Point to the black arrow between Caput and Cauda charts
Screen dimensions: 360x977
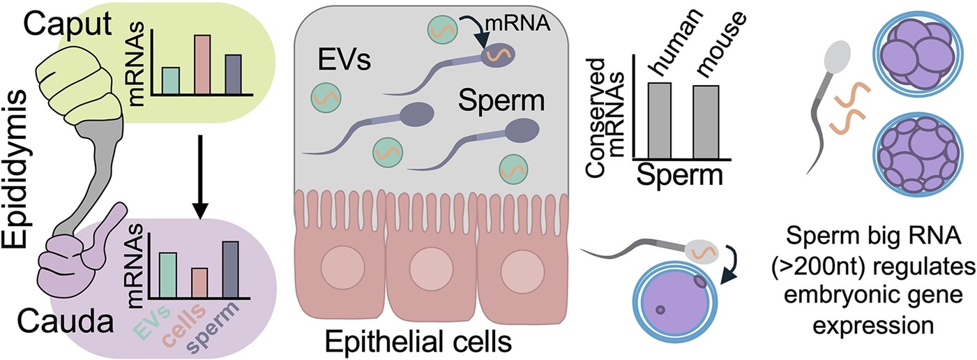(199, 174)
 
